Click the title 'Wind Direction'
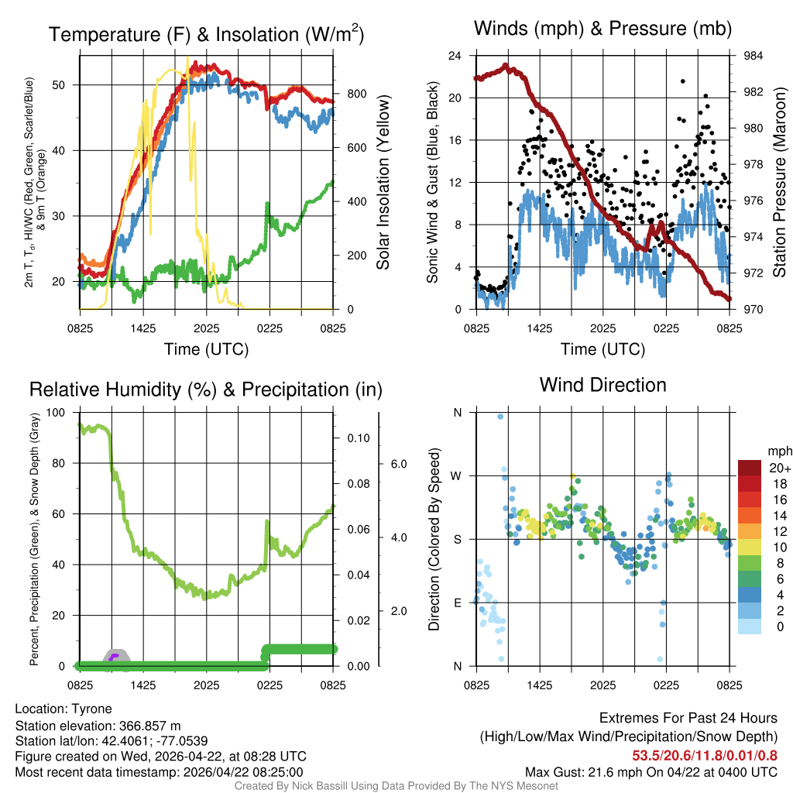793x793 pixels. tap(602, 385)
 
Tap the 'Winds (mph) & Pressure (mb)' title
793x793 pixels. tap(602, 29)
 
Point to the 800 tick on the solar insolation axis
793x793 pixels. tap(346, 94)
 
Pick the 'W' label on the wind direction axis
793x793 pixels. tap(457, 475)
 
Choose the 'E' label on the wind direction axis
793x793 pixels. tap(457, 602)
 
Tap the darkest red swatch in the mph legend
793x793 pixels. tap(750, 467)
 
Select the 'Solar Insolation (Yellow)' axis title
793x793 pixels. tap(383, 183)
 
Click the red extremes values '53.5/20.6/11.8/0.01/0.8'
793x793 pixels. tap(705, 756)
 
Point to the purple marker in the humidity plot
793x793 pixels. tap(114, 657)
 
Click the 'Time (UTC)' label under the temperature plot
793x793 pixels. tap(206, 349)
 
